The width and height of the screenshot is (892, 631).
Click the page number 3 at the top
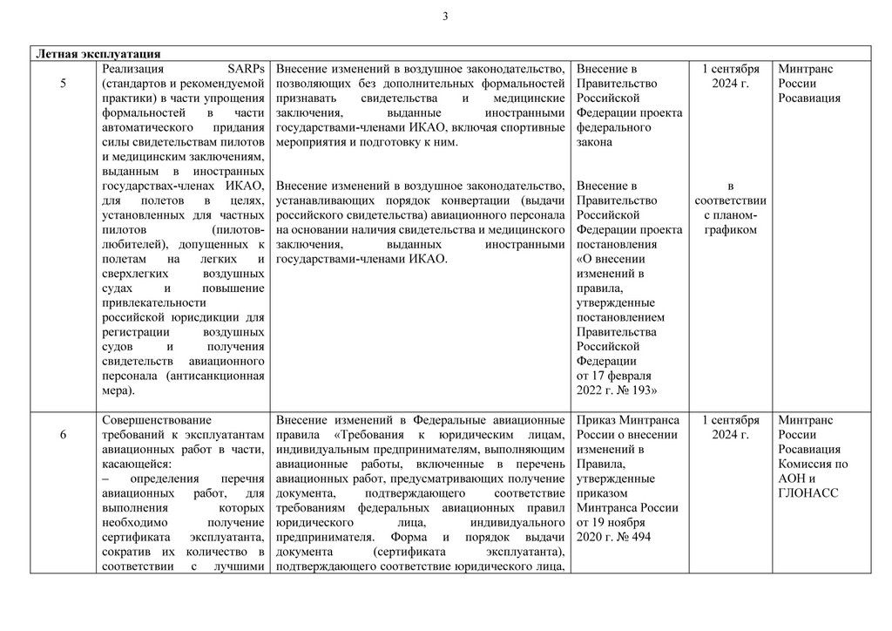(x=445, y=16)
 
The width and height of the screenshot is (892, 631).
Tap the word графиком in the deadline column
(x=730, y=229)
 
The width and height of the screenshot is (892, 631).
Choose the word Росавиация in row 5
(x=809, y=98)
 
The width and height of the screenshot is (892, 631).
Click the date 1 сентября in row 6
(x=730, y=420)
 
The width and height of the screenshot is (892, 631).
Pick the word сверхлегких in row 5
(x=138, y=274)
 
